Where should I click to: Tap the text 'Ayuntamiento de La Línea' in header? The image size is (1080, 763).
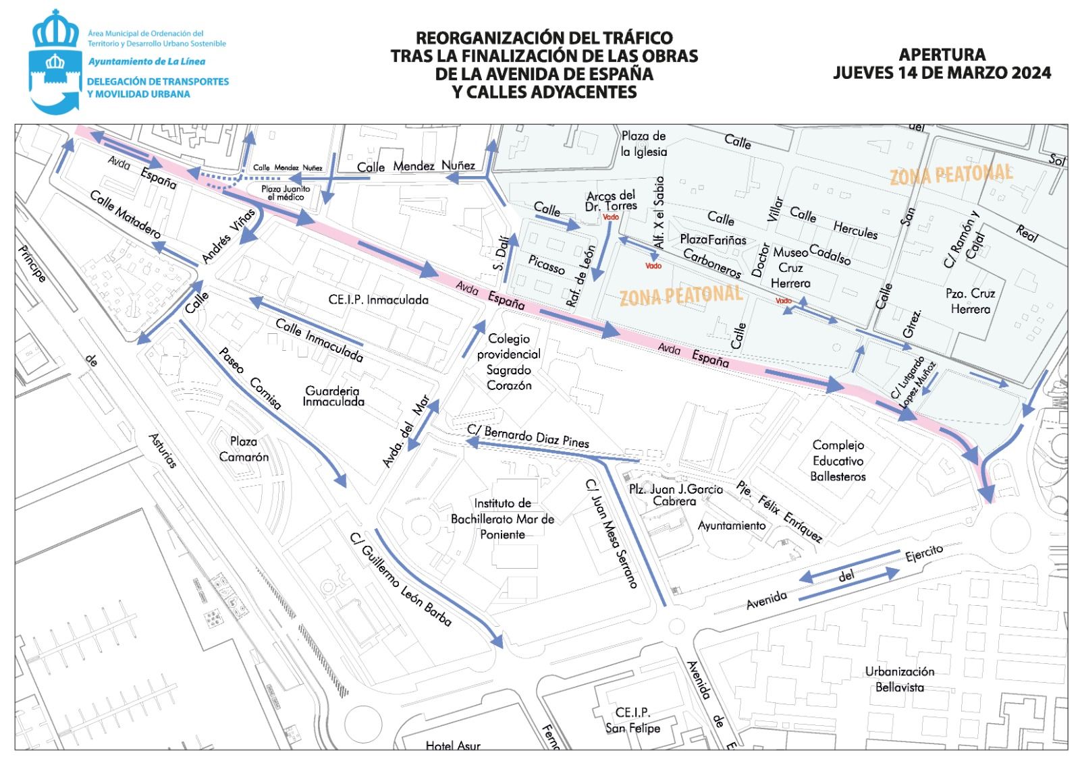(x=146, y=61)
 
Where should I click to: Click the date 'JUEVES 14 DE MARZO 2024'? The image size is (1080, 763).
(x=942, y=73)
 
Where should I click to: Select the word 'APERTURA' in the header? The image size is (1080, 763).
(x=942, y=54)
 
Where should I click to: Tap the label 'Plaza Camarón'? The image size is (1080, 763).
(x=244, y=449)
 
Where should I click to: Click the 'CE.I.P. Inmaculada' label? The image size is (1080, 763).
(x=378, y=300)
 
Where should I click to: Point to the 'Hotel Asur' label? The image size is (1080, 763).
(x=453, y=745)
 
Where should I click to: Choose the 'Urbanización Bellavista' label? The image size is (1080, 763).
(x=900, y=679)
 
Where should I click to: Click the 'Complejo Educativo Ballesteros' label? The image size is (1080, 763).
(x=838, y=461)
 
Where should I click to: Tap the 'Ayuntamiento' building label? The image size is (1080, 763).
(x=732, y=526)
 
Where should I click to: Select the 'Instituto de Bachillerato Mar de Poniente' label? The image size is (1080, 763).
(x=502, y=519)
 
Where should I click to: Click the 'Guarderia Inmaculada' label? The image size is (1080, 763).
(x=333, y=396)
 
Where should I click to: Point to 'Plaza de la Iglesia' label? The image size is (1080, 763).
(x=644, y=144)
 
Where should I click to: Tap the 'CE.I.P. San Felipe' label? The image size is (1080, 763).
(x=632, y=720)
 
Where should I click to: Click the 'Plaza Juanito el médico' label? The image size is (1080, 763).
(x=286, y=193)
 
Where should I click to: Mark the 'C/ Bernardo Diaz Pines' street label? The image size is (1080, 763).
(x=528, y=436)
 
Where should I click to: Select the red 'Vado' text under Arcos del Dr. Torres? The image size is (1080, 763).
(x=610, y=217)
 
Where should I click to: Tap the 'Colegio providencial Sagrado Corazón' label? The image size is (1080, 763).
(x=509, y=362)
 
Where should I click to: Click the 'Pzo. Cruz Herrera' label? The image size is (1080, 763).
(x=970, y=301)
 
